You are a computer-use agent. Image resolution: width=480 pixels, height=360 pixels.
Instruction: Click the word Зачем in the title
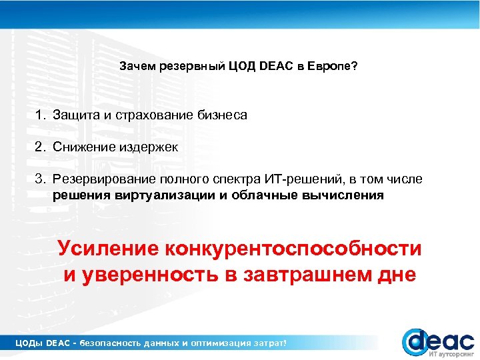[x=135, y=67]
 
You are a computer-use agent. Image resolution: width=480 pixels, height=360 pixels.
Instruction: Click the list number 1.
[x=40, y=115]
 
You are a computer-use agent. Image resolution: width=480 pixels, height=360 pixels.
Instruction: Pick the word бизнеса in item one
[x=222, y=115]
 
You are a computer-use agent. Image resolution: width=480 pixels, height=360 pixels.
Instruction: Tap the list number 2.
[x=40, y=147]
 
